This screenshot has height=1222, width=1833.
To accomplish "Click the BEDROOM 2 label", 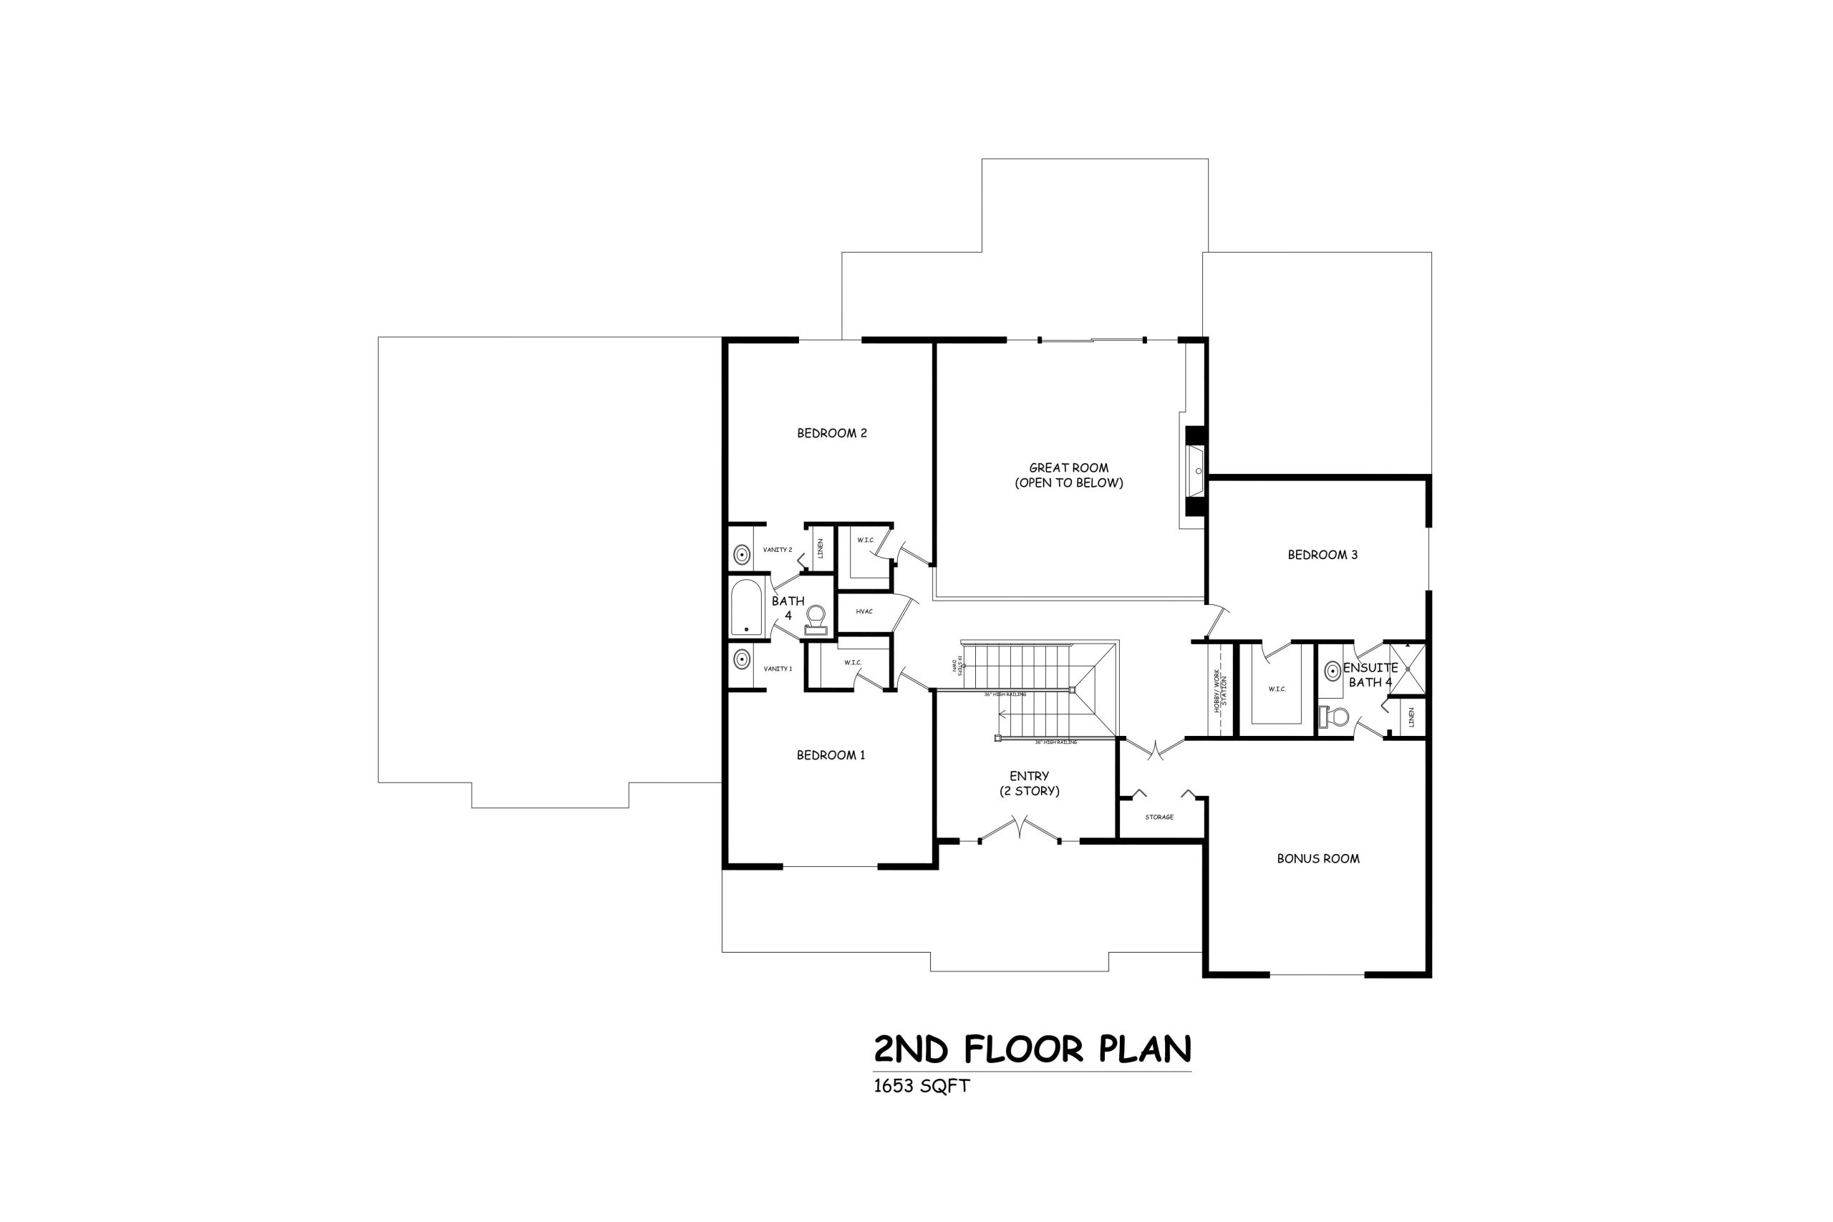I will (x=831, y=433).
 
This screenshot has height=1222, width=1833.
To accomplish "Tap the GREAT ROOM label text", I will (x=1068, y=468).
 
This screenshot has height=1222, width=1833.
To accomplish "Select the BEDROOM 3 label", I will (x=1322, y=555).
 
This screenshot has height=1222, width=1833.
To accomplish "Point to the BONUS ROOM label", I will (x=1318, y=859).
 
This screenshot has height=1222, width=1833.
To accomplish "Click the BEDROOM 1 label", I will (x=831, y=755).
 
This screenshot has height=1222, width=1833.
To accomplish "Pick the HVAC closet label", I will (x=864, y=612).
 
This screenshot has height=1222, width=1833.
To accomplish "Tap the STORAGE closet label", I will (x=1159, y=818).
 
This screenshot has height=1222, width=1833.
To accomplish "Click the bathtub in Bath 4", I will (x=746, y=608).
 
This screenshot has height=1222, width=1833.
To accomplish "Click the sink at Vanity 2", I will (x=740, y=555).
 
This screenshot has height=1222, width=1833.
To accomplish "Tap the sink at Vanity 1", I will (x=740, y=660).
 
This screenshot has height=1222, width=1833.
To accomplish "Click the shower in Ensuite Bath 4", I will (x=1407, y=669).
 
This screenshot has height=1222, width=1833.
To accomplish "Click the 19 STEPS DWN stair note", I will (x=958, y=666).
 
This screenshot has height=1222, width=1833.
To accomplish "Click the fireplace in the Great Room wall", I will (x=1195, y=472).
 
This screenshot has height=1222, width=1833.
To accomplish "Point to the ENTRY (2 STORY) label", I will (x=1029, y=783).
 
